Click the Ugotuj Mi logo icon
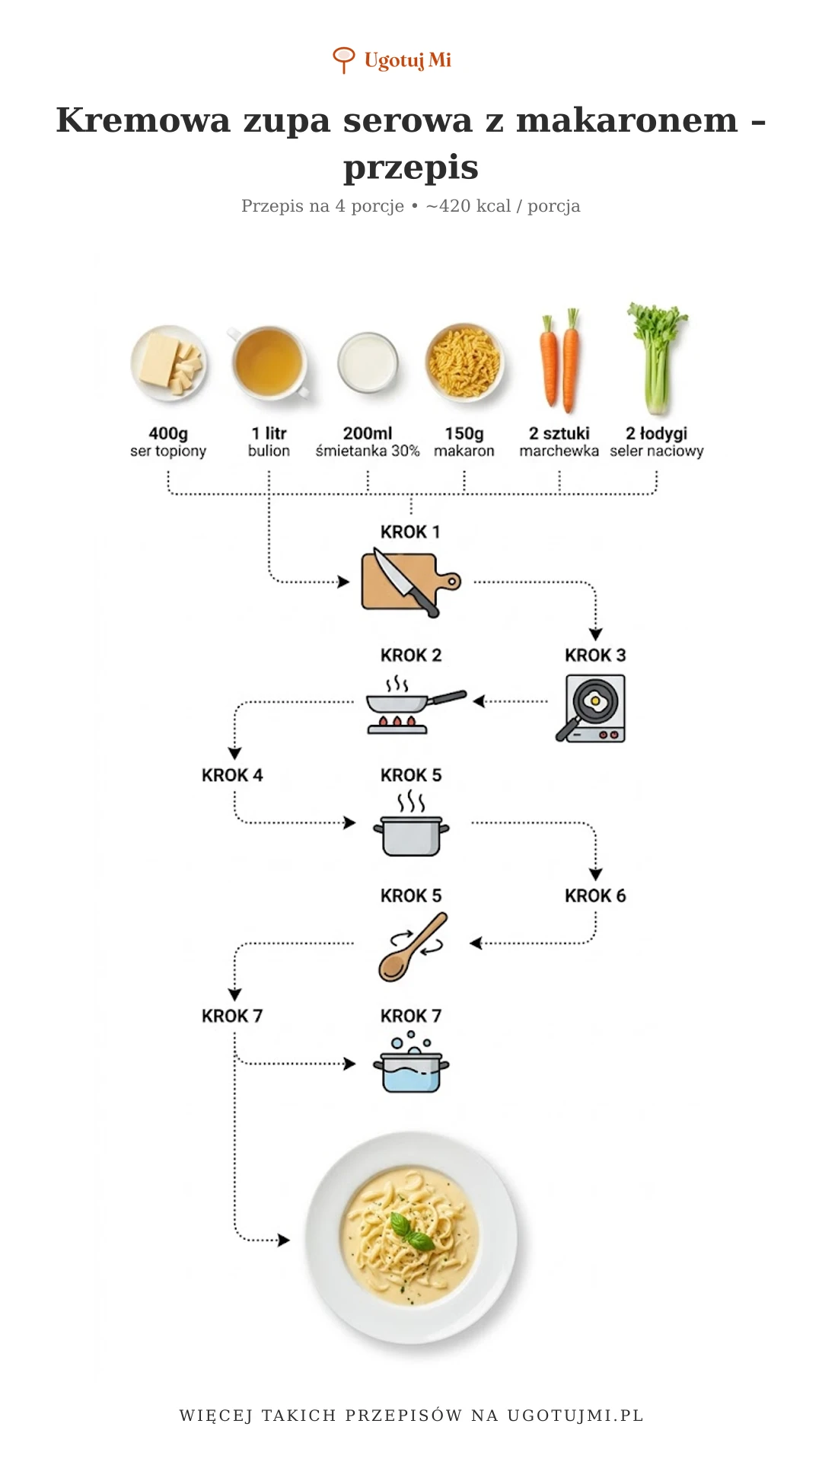pyautogui.click(x=343, y=59)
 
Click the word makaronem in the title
pyautogui.click(x=627, y=120)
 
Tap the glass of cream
pyautogui.click(x=368, y=362)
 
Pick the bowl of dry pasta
pyautogui.click(x=464, y=362)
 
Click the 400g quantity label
pyautogui.click(x=168, y=433)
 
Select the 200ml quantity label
pyautogui.click(x=368, y=433)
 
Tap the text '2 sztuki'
pyautogui.click(x=559, y=433)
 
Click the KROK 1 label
pyautogui.click(x=410, y=531)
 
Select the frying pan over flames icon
pyautogui.click(x=411, y=704)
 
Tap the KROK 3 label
pyautogui.click(x=595, y=655)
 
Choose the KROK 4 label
pyautogui.click(x=232, y=775)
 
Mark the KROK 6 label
pyautogui.click(x=595, y=895)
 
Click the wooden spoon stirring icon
pyautogui.click(x=412, y=946)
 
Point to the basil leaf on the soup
pyautogui.click(x=409, y=1231)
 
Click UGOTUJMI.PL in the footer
pyautogui.click(x=575, y=1416)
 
